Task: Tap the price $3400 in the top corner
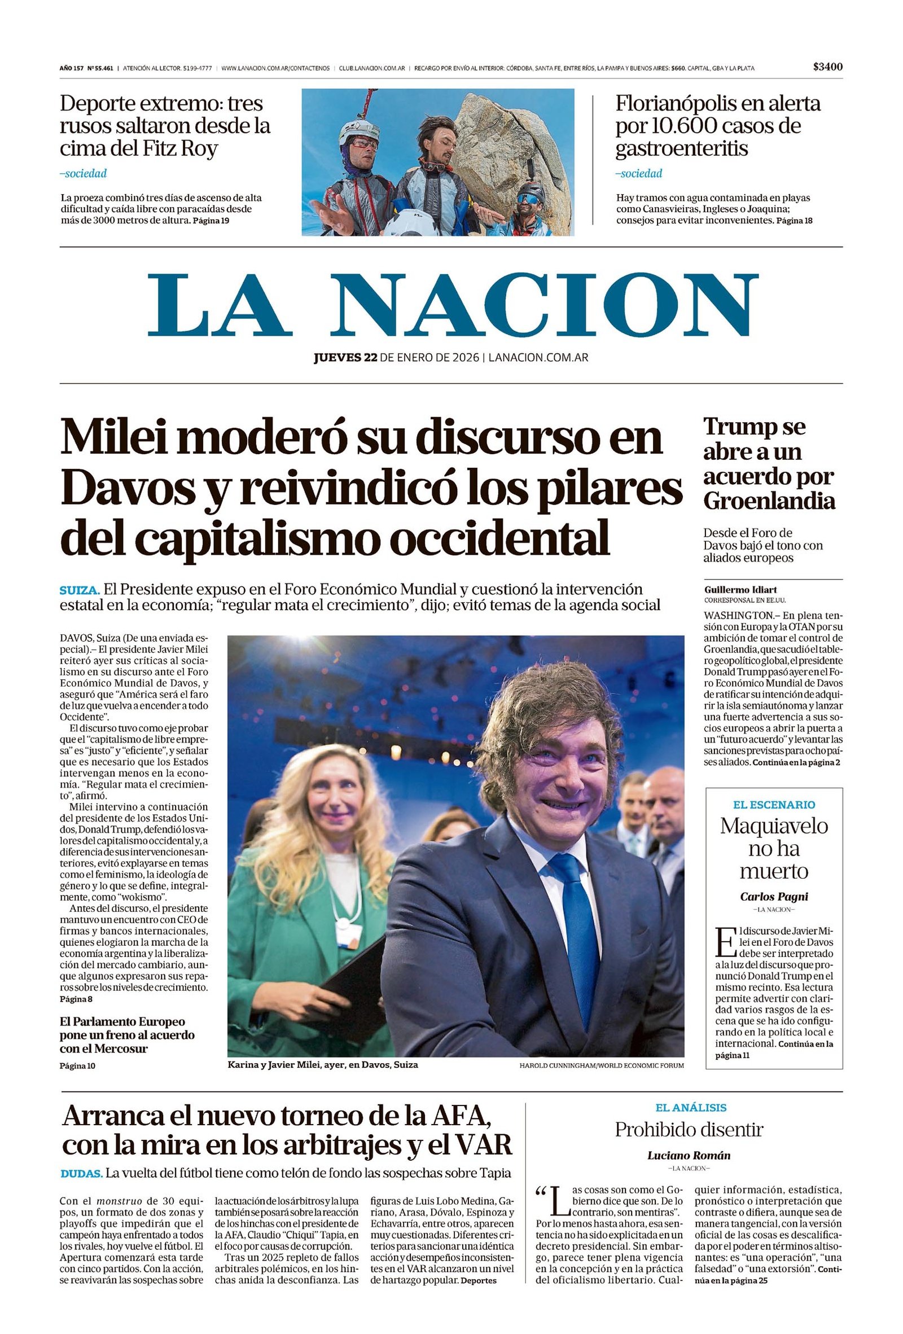(x=827, y=67)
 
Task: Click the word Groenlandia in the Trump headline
(x=769, y=501)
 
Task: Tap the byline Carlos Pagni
(x=773, y=896)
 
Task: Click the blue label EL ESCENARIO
(x=773, y=805)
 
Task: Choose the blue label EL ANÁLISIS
(x=691, y=1107)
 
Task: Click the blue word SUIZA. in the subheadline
(x=80, y=590)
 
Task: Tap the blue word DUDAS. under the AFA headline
(x=81, y=1173)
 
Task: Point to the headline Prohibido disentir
(x=689, y=1130)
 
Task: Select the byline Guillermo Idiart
(x=740, y=590)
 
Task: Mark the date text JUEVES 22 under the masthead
(x=345, y=358)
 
